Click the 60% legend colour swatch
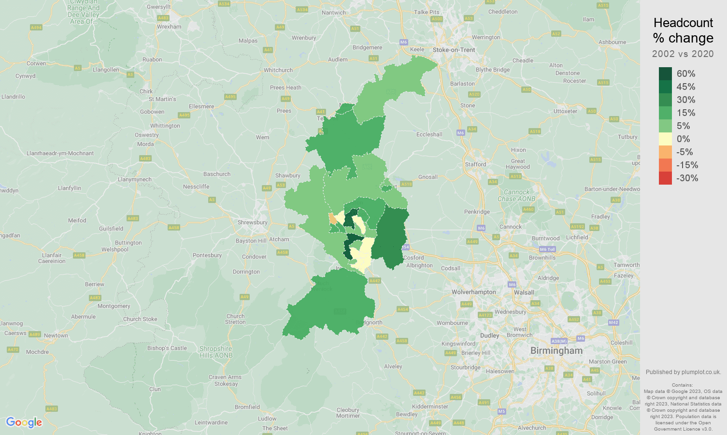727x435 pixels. [x=665, y=73]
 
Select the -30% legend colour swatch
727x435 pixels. [x=665, y=178]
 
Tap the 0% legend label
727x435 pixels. [x=683, y=139]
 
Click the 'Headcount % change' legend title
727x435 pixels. [x=683, y=30]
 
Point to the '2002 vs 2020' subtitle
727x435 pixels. [x=683, y=54]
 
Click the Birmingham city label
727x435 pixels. [x=556, y=350]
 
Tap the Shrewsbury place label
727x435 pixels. [x=252, y=222]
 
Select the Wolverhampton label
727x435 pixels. [x=473, y=292]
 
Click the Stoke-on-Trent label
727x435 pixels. [x=454, y=50]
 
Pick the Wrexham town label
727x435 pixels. [x=169, y=27]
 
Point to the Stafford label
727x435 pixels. [x=475, y=164]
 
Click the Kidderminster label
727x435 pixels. [x=430, y=406]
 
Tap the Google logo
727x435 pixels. [x=24, y=422]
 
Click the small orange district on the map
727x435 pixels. [x=332, y=218]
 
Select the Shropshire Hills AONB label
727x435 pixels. [x=215, y=352]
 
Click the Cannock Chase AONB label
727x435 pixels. [x=516, y=195]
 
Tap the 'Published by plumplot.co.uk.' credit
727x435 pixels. [x=683, y=372]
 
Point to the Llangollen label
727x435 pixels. [x=106, y=70]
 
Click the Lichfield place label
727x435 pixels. [x=577, y=237]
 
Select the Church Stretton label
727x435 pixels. [x=235, y=319]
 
